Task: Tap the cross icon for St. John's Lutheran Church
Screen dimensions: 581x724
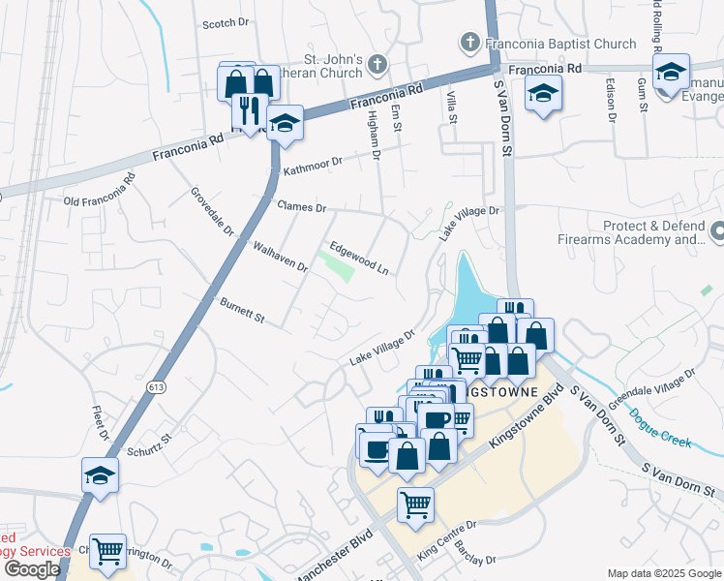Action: (377, 64)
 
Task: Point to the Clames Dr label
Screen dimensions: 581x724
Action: (303, 207)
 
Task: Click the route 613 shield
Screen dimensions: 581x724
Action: (157, 386)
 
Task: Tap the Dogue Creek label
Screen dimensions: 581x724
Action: (661, 429)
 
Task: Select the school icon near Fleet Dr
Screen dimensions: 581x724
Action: (101, 475)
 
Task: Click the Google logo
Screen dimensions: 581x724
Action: (32, 568)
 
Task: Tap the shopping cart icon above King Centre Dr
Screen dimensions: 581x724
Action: (415, 505)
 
